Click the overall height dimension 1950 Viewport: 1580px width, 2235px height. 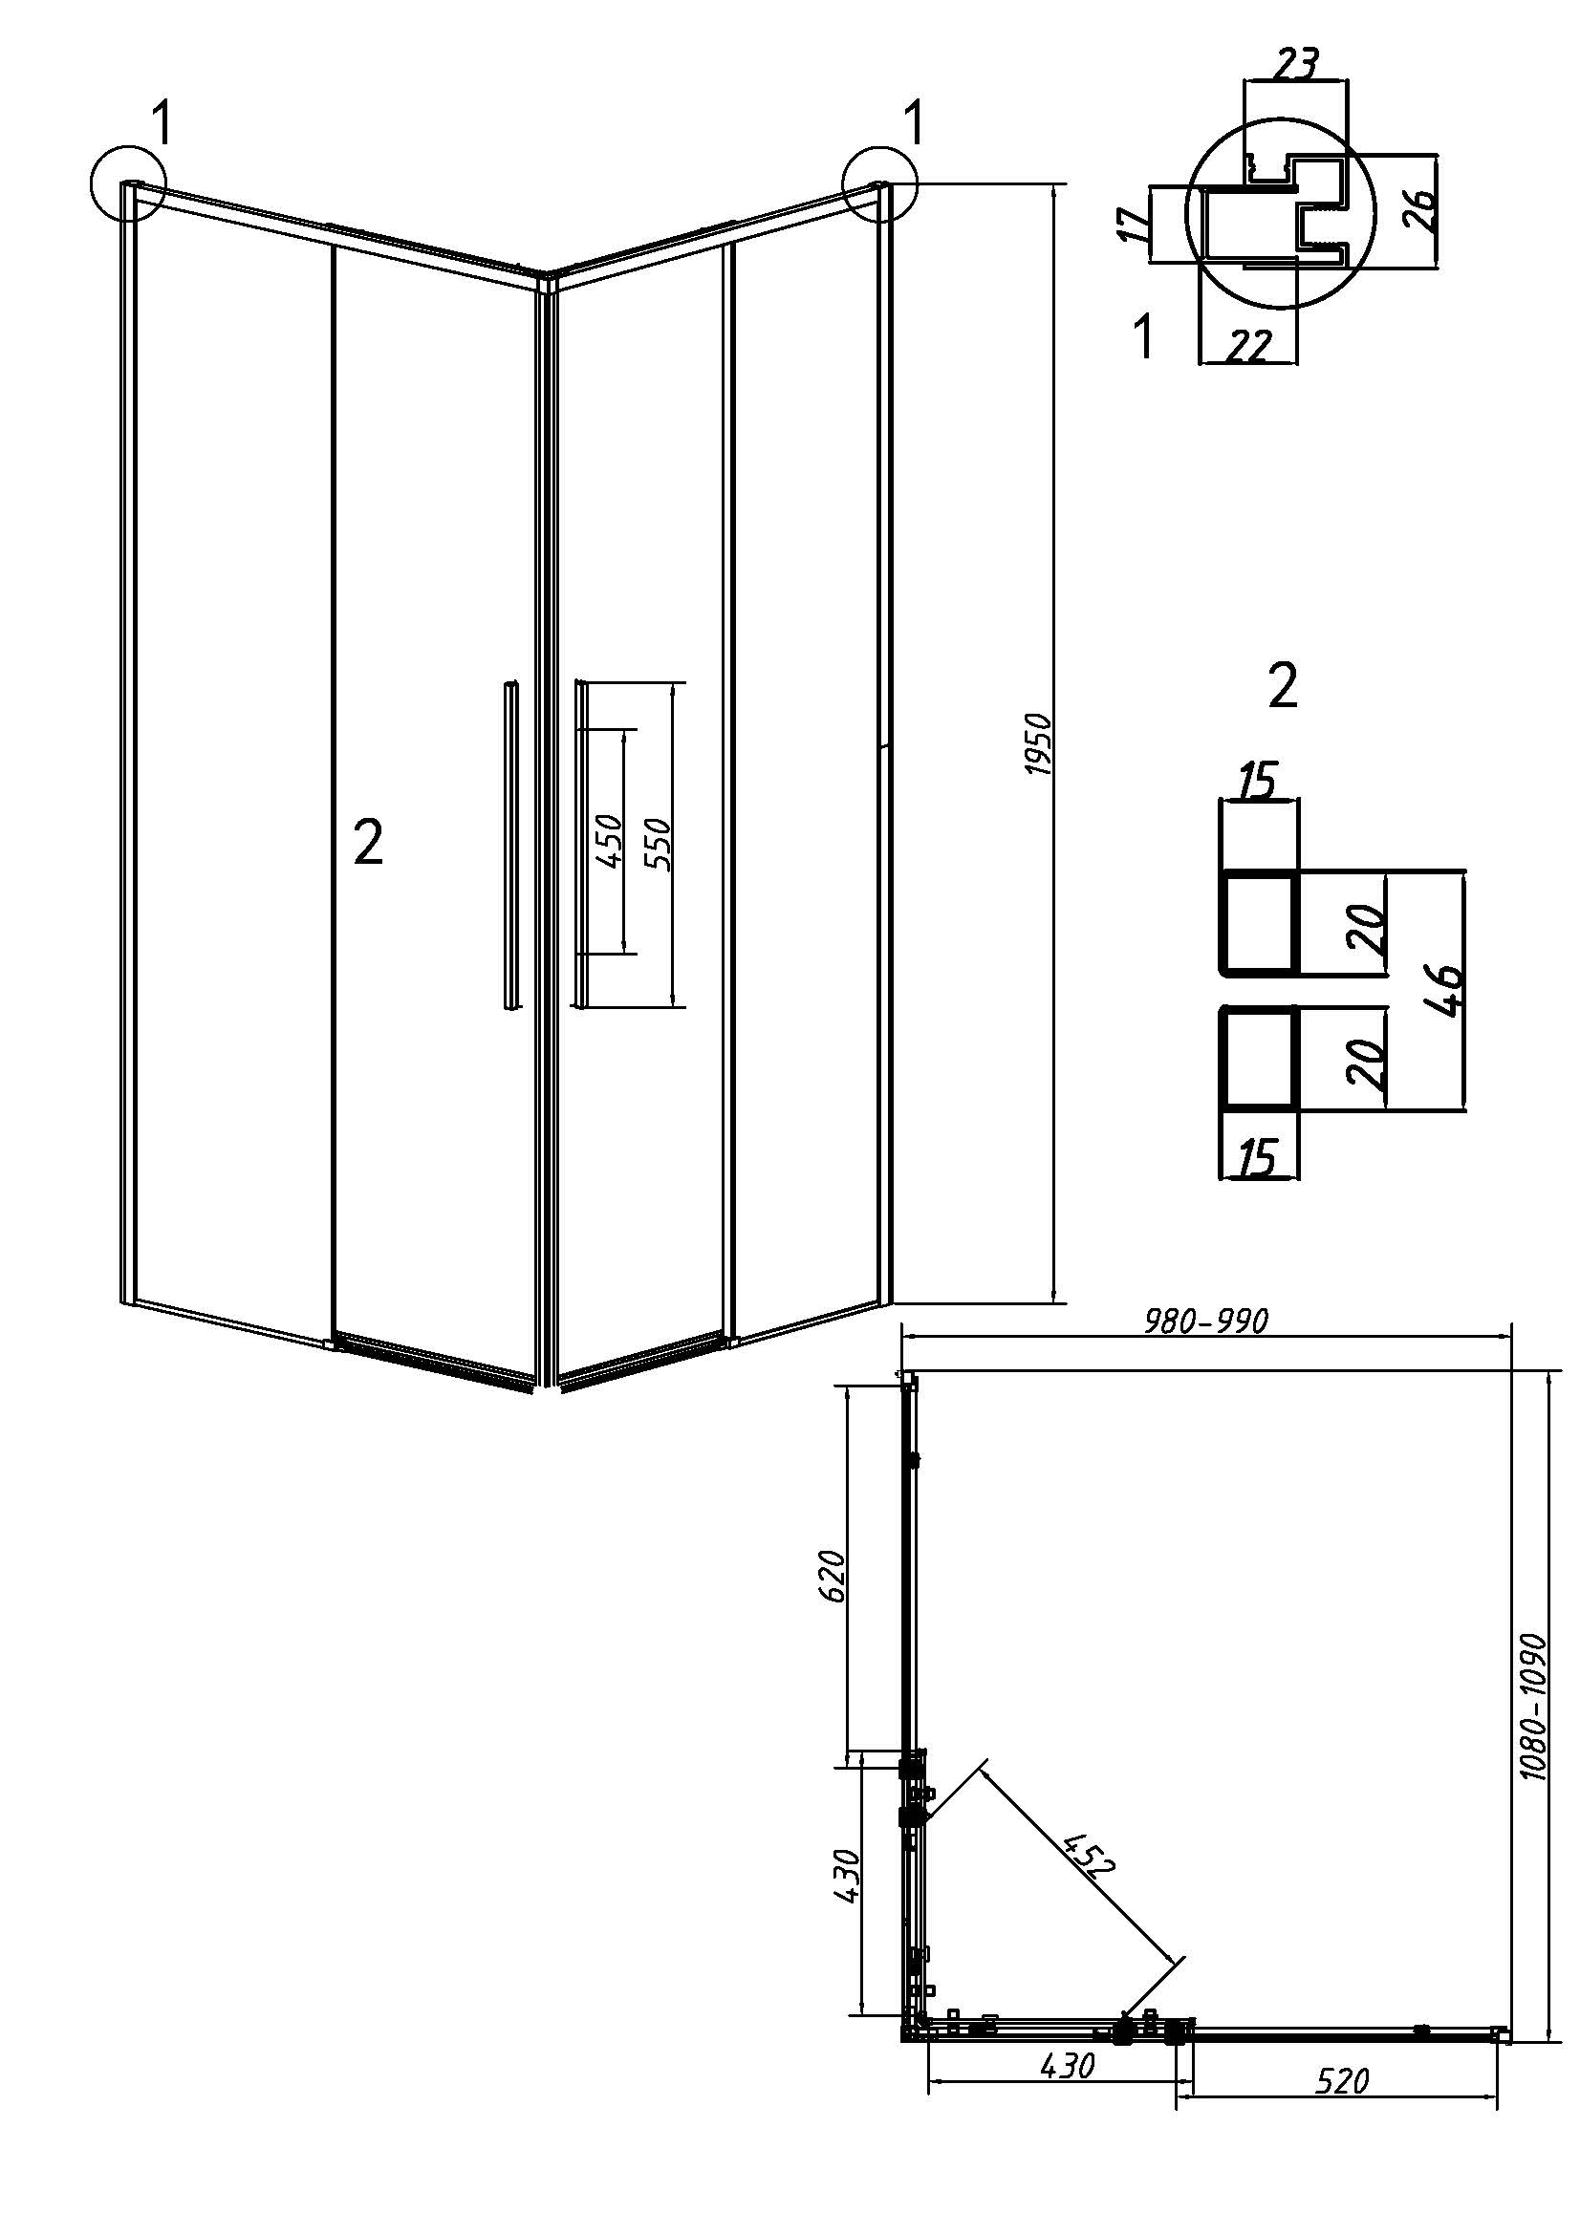1040,743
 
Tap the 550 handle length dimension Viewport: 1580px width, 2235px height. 657,843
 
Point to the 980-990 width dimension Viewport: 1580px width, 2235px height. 1206,1321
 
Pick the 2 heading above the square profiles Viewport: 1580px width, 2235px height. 1283,686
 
